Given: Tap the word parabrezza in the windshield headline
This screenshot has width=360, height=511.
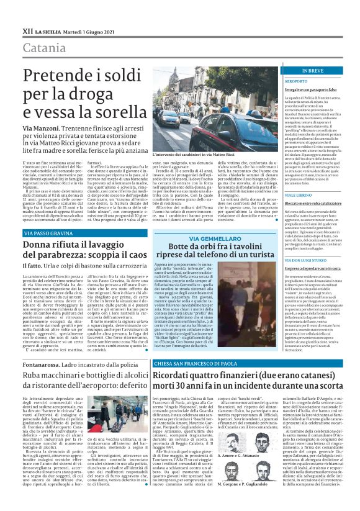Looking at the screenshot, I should click(59, 255).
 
